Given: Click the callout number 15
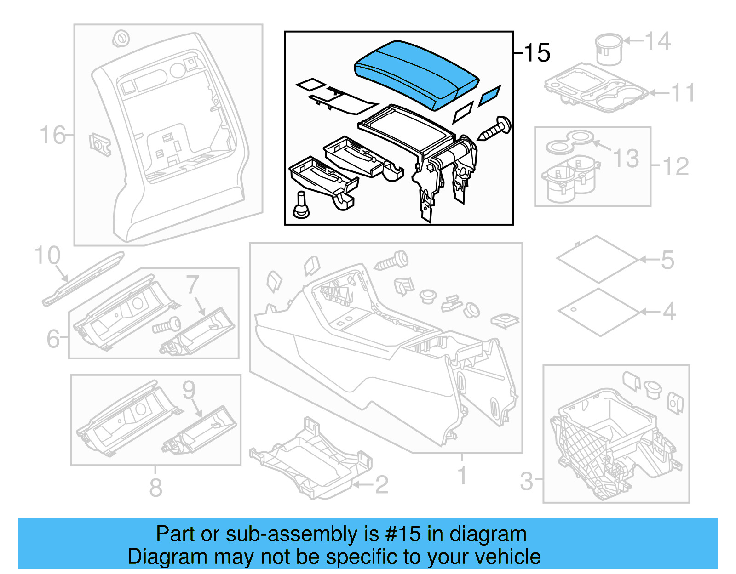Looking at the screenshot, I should [x=536, y=53].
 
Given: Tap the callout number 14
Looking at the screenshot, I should [x=658, y=41].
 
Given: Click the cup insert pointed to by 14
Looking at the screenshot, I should [x=608, y=49].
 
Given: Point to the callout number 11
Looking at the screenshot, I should [x=683, y=93].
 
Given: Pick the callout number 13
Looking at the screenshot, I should [x=626, y=158].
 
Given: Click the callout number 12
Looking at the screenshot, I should [x=675, y=166].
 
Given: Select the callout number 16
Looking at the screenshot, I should [x=52, y=135].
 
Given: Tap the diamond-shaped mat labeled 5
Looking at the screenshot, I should [x=597, y=259].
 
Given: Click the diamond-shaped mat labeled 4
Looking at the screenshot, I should [x=599, y=312].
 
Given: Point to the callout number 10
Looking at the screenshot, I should [x=47, y=256].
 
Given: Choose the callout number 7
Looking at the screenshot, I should [x=193, y=285].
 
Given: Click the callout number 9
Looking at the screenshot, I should [x=189, y=390].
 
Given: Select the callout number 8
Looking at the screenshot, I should [x=156, y=488].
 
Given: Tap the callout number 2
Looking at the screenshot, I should [x=381, y=485].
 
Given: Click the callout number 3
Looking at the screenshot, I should [x=526, y=481].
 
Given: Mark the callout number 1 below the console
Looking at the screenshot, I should [x=462, y=476].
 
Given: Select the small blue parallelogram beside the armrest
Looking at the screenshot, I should [x=489, y=96].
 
